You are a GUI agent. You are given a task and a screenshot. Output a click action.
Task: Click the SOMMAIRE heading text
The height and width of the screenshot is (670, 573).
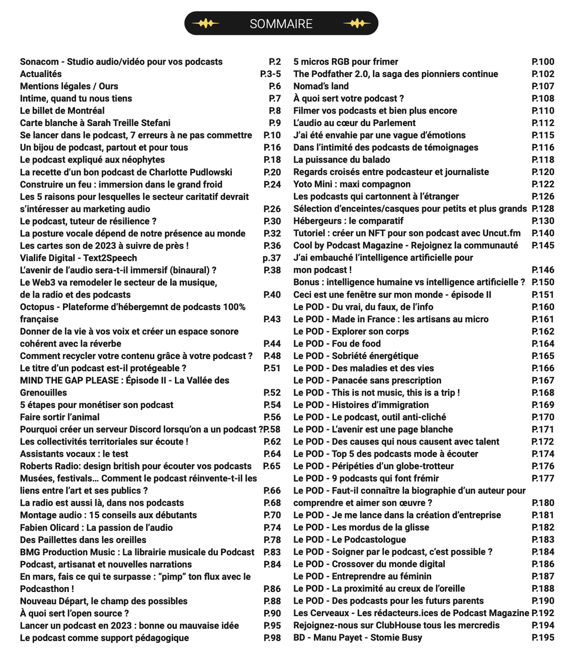[x=281, y=24]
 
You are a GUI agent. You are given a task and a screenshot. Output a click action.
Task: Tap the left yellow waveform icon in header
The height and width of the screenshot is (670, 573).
[x=206, y=23]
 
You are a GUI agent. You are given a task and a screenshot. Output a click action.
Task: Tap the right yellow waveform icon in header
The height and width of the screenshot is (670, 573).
[x=357, y=23]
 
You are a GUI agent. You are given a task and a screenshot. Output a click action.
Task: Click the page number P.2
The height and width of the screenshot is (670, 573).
[x=275, y=62]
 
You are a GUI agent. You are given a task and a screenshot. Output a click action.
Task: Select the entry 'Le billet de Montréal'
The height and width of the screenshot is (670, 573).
[x=62, y=111]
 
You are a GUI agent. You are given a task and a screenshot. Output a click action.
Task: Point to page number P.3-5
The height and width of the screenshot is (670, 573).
[x=270, y=74]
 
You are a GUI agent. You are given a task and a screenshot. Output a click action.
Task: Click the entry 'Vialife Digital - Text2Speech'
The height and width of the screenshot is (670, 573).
[x=78, y=258]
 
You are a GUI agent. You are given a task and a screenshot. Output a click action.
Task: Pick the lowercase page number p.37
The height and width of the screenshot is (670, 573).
[x=272, y=258]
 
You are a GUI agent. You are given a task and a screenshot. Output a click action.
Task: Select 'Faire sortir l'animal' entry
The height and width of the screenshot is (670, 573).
[x=59, y=417]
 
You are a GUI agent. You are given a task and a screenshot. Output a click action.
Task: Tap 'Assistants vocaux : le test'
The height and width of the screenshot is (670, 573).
[x=74, y=454]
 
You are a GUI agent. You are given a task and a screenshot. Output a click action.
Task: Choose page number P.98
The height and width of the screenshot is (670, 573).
[x=272, y=638]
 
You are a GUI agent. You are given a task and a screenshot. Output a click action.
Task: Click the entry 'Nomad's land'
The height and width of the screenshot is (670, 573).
[x=321, y=86]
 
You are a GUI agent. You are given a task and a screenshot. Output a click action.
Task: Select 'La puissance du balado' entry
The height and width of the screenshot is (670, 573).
[x=342, y=160]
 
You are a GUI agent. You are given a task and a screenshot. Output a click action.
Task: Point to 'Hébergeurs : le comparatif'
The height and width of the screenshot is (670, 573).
[x=348, y=221]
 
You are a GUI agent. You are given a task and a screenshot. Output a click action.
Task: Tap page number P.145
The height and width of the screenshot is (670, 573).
[x=543, y=246]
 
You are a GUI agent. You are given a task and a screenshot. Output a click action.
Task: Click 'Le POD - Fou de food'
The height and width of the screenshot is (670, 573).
[x=337, y=344]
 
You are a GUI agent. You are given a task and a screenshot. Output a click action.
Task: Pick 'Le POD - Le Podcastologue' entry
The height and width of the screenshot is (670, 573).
[x=349, y=540]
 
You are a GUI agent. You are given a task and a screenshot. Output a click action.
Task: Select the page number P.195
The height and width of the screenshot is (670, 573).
[x=543, y=638]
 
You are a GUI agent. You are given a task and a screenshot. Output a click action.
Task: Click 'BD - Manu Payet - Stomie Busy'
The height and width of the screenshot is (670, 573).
[x=357, y=638]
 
